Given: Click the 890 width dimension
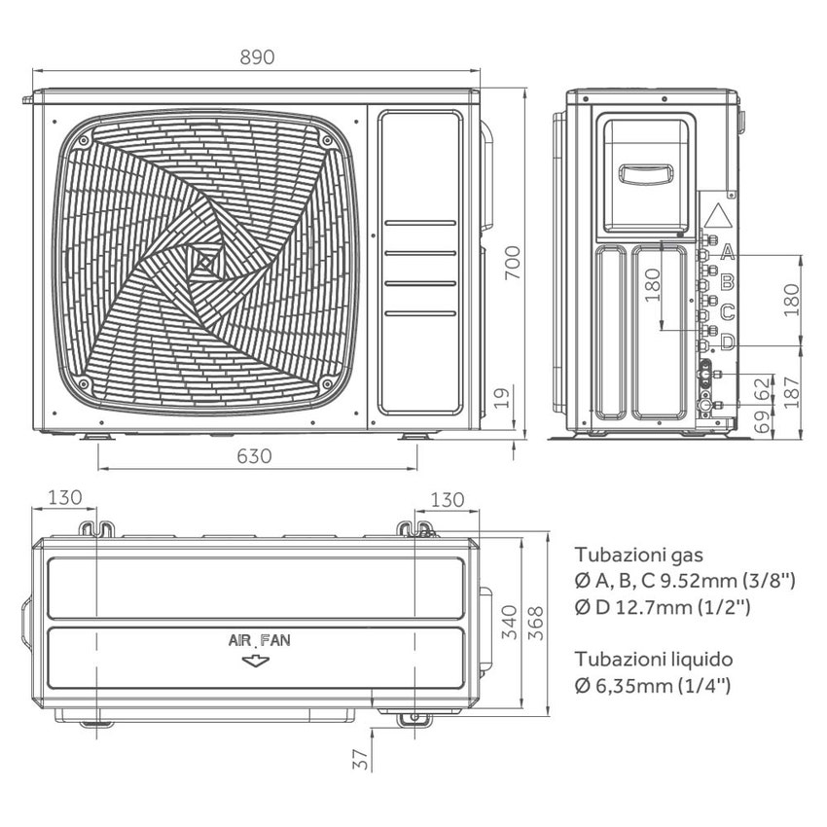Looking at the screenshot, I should tap(257, 56).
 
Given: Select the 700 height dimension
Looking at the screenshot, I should tap(514, 263).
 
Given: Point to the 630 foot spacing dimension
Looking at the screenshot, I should tap(257, 455).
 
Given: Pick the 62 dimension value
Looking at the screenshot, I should tap(762, 386).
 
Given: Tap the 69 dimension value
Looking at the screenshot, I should tap(762, 421).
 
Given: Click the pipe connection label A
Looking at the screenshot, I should tap(726, 253).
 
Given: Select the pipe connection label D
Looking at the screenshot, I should tap(726, 342).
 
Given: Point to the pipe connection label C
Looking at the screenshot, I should tap(726, 312).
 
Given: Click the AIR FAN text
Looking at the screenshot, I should tap(259, 641).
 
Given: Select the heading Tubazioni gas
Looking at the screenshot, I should tap(637, 555).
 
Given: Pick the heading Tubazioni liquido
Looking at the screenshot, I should tap(653, 659).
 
